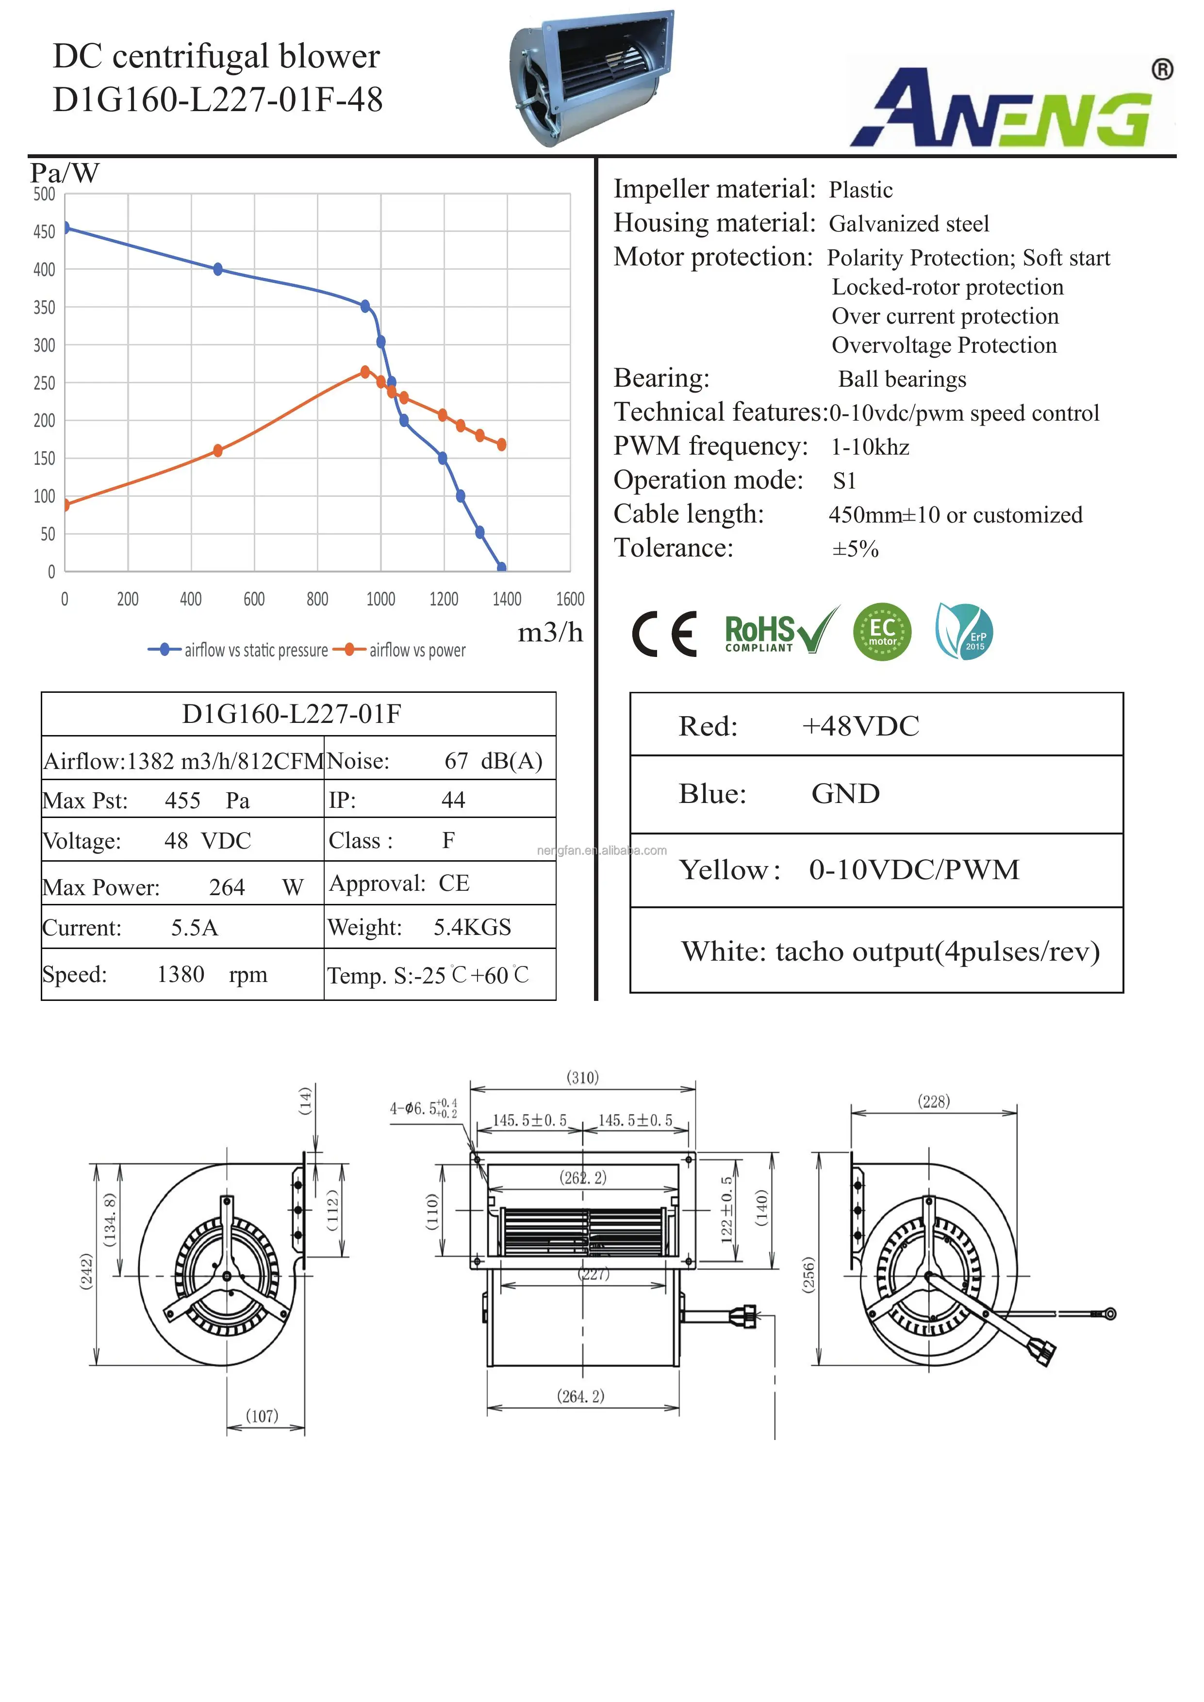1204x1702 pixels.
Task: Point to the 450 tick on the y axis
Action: (x=45, y=232)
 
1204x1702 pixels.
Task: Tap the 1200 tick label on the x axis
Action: (x=444, y=599)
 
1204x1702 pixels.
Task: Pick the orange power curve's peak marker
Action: (x=365, y=371)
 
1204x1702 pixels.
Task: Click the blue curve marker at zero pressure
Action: (x=502, y=567)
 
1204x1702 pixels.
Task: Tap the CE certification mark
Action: (x=664, y=634)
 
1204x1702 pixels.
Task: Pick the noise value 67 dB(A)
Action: (x=493, y=761)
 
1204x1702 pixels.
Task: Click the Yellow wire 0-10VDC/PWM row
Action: (x=875, y=869)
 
